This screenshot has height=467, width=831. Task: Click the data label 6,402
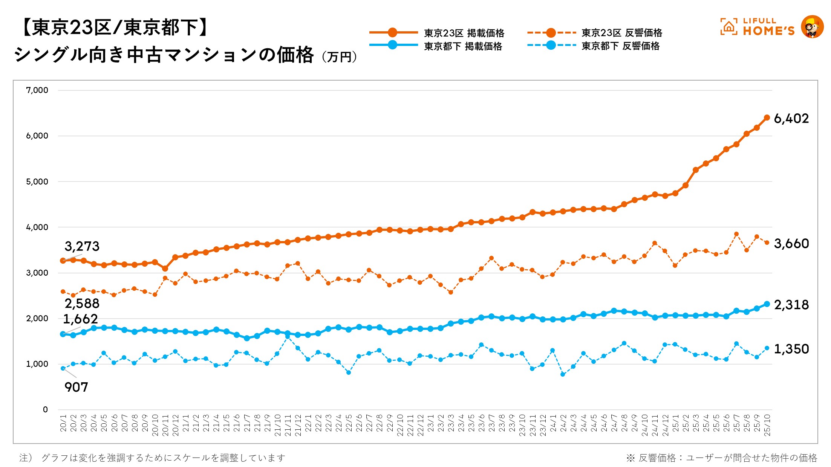[791, 119]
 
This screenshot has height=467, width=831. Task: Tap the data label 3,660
[791, 244]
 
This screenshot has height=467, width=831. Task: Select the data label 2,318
[791, 305]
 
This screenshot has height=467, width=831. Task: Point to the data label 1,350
[791, 349]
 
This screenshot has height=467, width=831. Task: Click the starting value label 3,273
[82, 246]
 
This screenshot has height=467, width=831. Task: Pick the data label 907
[76, 387]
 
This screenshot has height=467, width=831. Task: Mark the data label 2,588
[82, 304]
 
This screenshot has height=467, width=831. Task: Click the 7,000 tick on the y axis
[37, 90]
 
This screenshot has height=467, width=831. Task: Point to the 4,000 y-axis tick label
[37, 227]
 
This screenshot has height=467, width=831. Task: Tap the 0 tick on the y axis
[45, 410]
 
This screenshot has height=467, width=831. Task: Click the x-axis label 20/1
[63, 423]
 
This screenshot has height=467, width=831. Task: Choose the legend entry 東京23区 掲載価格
[464, 33]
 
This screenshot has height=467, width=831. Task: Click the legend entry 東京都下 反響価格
[620, 46]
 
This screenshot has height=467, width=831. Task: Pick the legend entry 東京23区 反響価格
[622, 33]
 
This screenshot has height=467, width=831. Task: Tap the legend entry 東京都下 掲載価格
[463, 46]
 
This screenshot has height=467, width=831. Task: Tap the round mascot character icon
[812, 27]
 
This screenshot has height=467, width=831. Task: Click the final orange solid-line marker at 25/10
[767, 118]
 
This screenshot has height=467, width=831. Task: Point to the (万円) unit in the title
[339, 57]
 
